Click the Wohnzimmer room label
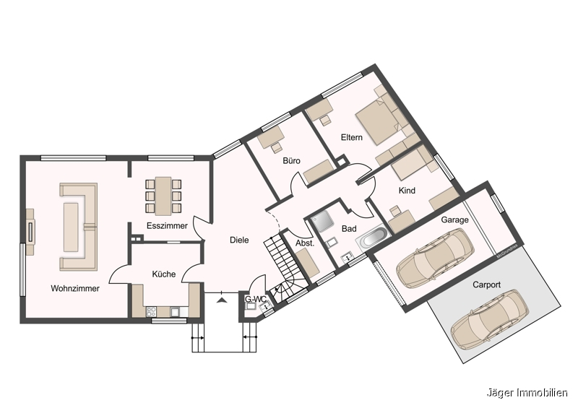(75, 289)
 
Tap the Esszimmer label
(167, 225)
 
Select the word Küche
(164, 274)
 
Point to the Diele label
(239, 240)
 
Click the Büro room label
(292, 161)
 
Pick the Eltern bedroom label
(352, 137)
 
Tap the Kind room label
(407, 191)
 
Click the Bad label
(349, 229)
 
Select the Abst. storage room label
(305, 243)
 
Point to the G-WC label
(256, 299)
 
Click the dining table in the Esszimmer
(163, 196)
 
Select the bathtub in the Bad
(372, 238)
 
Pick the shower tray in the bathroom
(322, 222)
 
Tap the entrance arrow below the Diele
(221, 300)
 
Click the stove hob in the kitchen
(152, 312)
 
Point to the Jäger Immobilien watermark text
(527, 393)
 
